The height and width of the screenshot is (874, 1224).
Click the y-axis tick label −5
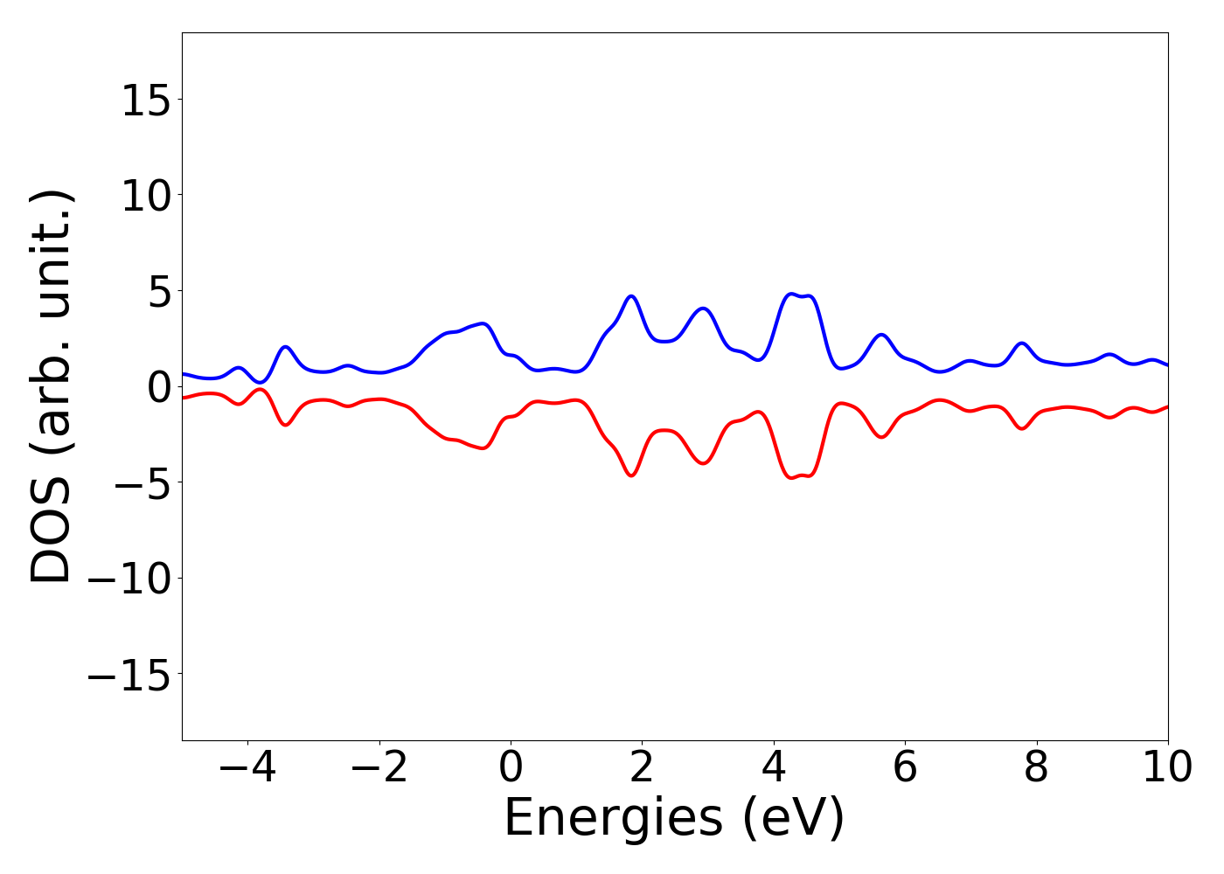pyautogui.click(x=146, y=485)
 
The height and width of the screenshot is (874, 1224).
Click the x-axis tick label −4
pyautogui.click(x=247, y=768)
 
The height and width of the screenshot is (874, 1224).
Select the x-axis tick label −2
pyautogui.click(x=379, y=768)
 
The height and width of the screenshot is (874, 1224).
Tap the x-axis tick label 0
pyautogui.click(x=511, y=768)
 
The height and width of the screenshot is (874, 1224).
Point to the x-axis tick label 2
pyautogui.click(x=642, y=768)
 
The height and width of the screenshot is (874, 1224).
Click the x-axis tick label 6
pyautogui.click(x=905, y=768)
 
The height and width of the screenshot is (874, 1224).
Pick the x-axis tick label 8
pyautogui.click(x=1036, y=768)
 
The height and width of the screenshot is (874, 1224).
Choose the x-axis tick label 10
pyautogui.click(x=1166, y=768)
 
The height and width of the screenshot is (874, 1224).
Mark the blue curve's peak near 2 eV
pyautogui.click(x=631, y=296)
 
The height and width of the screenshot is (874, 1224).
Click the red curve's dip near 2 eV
pyautogui.click(x=631, y=475)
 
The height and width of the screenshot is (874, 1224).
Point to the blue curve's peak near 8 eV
pyautogui.click(x=1021, y=343)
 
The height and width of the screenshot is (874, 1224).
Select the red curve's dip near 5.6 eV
pyautogui.click(x=881, y=436)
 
